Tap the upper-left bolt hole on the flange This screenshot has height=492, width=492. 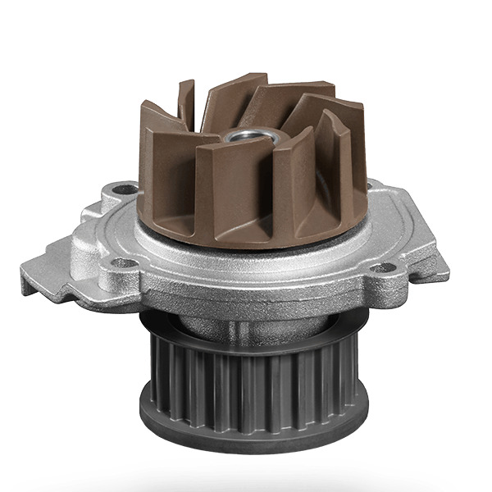tap(125, 189)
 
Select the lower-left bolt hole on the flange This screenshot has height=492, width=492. tap(122, 262)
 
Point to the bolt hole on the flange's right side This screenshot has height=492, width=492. tap(382, 266)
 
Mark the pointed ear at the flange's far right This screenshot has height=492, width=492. tap(435, 264)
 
